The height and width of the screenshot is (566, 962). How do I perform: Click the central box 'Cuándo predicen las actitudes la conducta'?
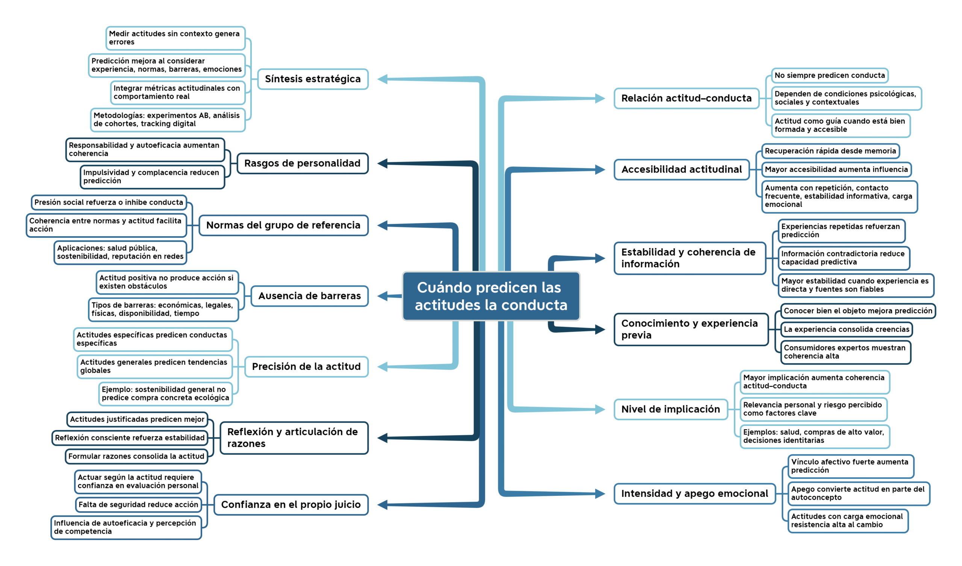coord(491,296)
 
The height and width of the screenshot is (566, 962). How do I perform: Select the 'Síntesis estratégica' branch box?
coord(313,79)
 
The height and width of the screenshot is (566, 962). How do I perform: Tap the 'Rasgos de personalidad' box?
coord(303,163)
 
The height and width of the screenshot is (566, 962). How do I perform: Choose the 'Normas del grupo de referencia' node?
coord(283,225)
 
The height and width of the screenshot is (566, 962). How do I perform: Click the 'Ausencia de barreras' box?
coord(310,296)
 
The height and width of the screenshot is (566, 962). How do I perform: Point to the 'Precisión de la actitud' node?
coord(306,367)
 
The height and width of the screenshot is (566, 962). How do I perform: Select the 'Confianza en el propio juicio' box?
coord(291,504)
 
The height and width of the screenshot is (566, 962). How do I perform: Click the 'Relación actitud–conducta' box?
coord(687,98)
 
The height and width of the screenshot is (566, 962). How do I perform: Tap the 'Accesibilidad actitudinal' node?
coord(682,169)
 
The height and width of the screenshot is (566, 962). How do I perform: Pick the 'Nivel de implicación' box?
coord(671,409)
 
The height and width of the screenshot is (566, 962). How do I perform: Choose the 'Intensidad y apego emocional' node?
coord(695,494)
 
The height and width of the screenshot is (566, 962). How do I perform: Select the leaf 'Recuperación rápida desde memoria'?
coord(830,151)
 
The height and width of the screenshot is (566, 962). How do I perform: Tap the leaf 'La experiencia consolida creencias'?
coord(847,329)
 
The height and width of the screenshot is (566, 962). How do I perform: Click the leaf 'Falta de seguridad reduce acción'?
coord(138,504)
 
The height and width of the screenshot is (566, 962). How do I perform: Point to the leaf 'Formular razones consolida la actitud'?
coord(136,456)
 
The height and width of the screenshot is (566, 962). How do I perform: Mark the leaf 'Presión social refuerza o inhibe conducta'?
coord(109,202)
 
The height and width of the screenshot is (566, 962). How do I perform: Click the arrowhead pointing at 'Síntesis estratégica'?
coord(383,79)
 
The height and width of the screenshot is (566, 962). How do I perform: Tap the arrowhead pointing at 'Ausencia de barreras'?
coord(383,296)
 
